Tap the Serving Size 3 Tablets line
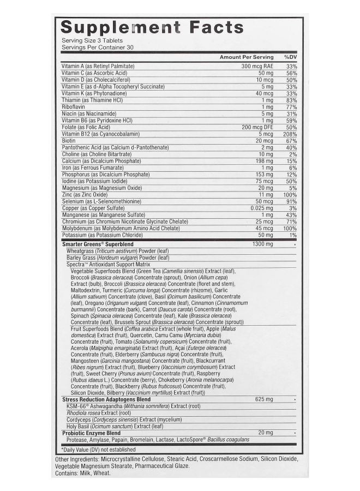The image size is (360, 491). [92, 40]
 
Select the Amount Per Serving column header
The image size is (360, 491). [246, 57]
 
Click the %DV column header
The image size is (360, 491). [290, 57]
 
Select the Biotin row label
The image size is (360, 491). [68, 140]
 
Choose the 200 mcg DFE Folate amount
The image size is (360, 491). [257, 127]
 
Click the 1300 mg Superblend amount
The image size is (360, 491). [263, 244]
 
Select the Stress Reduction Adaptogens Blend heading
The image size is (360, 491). [106, 399]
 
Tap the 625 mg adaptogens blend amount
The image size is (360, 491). [264, 399]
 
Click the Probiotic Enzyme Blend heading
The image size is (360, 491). [91, 433]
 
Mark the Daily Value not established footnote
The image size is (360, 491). [99, 448]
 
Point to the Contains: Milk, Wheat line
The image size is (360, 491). [83, 473]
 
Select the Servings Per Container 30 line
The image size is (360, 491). [97, 47]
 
